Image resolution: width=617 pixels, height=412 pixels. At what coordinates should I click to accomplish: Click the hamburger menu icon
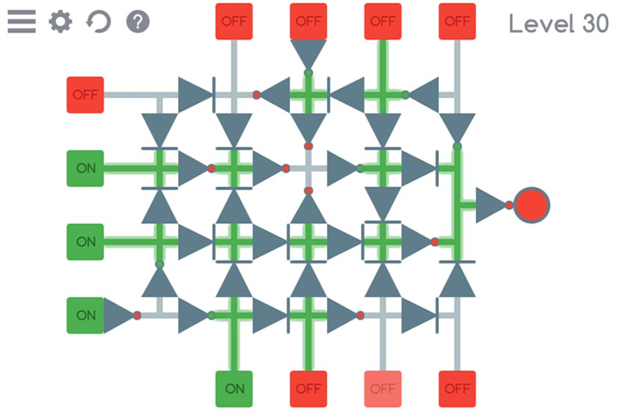pyautogui.click(x=21, y=22)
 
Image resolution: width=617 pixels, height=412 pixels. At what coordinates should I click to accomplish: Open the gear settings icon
pyautogui.click(x=60, y=22)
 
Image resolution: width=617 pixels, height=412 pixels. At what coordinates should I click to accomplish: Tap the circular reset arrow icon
pyautogui.click(x=99, y=22)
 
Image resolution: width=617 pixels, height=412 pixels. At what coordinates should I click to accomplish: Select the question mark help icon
pyautogui.click(x=138, y=22)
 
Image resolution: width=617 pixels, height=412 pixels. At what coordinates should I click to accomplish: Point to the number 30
pyautogui.click(x=595, y=24)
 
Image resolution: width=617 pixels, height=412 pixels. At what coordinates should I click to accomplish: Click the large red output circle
pyautogui.click(x=532, y=205)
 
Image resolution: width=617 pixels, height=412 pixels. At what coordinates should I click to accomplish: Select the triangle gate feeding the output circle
pyautogui.click(x=491, y=205)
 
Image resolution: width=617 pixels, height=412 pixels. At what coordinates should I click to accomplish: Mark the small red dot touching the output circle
pyautogui.click(x=509, y=205)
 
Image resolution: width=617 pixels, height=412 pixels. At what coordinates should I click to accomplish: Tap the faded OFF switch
pyautogui.click(x=382, y=389)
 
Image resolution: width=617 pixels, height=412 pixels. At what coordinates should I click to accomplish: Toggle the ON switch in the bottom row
pyautogui.click(x=234, y=389)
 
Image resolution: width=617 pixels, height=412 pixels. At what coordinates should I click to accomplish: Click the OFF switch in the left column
pyautogui.click(x=85, y=95)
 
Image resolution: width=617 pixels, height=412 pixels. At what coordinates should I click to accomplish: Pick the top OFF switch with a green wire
pyautogui.click(x=382, y=21)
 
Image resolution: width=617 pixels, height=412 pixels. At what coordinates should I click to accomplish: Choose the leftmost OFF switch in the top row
pyautogui.click(x=234, y=21)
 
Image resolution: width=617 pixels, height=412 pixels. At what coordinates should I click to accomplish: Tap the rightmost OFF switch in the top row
pyautogui.click(x=457, y=21)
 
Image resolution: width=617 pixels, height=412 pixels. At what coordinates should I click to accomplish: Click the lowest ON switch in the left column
pyautogui.click(x=85, y=315)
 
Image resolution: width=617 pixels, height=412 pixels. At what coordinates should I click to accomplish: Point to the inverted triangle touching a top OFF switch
pyautogui.click(x=308, y=54)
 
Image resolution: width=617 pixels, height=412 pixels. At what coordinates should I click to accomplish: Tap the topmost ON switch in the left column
pyautogui.click(x=85, y=169)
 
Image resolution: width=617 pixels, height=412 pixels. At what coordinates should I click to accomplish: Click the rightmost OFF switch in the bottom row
pyautogui.click(x=457, y=389)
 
